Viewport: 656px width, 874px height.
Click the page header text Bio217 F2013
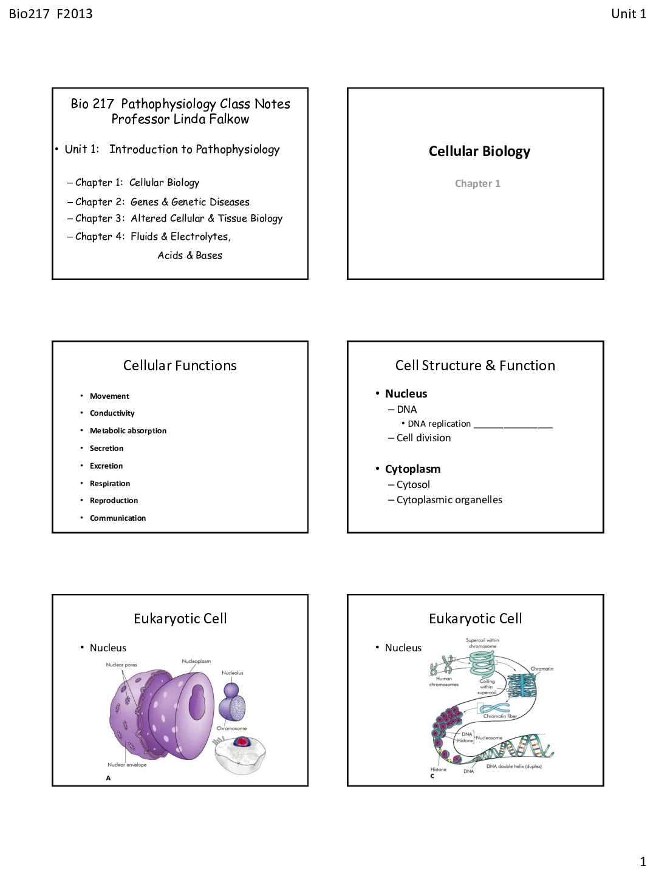click(50, 14)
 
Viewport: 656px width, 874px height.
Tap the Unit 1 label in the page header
click(628, 14)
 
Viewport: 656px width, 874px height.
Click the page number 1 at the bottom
click(643, 861)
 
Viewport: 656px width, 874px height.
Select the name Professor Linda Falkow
click(180, 119)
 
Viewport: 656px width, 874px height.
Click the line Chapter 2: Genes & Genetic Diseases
click(162, 202)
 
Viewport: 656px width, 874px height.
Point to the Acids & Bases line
click(190, 256)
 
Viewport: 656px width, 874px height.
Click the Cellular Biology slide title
click(479, 151)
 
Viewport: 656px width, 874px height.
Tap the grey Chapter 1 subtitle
click(477, 183)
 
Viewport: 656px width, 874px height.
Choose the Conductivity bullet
click(112, 413)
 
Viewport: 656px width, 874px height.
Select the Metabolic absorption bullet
click(128, 431)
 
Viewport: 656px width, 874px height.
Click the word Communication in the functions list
click(118, 518)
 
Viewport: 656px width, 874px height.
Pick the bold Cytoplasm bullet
click(412, 469)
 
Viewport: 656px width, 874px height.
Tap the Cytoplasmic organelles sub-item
click(449, 500)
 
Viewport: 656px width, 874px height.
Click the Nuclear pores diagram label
click(121, 665)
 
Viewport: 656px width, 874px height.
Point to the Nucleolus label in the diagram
click(232, 672)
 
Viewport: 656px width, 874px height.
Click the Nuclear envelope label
click(127, 765)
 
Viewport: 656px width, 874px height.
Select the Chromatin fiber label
click(500, 716)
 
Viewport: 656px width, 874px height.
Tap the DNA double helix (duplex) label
click(514, 767)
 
